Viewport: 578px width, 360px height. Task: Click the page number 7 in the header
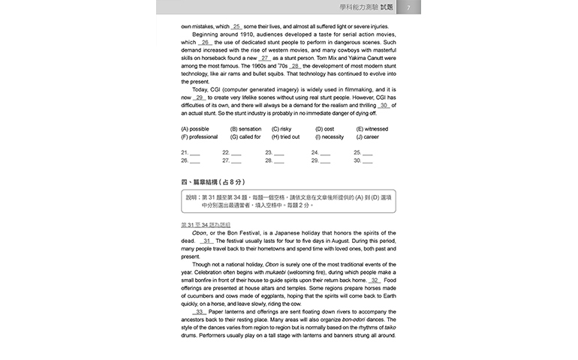click(x=408, y=7)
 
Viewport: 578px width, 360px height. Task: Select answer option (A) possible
click(x=195, y=129)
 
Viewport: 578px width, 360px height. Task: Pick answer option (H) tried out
click(x=285, y=137)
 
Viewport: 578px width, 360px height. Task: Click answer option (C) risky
click(x=281, y=129)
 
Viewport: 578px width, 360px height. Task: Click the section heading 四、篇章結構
click(x=213, y=182)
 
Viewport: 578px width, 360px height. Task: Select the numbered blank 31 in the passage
click(x=208, y=241)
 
